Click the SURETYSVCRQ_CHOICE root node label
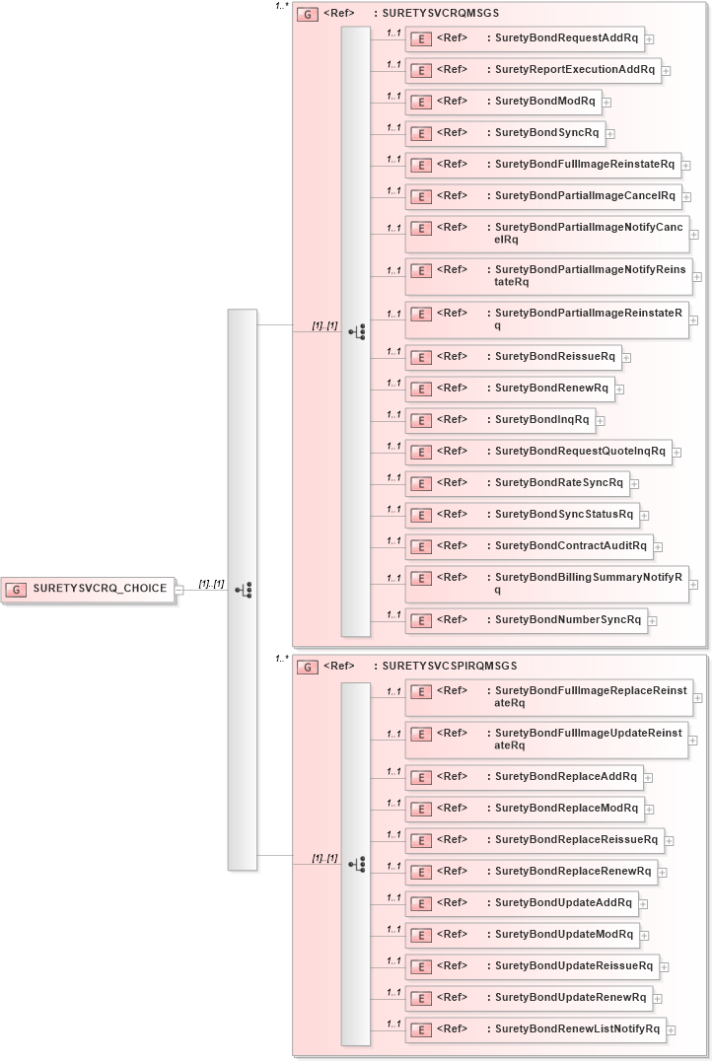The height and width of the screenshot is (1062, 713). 100,589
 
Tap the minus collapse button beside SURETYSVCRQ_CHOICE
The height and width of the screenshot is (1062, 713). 178,590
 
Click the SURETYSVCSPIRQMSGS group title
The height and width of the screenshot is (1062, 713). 449,667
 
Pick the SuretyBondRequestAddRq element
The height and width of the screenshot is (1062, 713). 566,38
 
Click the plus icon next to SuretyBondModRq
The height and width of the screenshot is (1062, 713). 606,103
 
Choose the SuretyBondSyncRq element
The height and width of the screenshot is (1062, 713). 546,133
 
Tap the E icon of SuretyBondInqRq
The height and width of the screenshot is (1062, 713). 421,421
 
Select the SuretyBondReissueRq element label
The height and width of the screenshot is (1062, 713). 554,356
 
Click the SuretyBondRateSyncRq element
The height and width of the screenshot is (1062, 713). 558,482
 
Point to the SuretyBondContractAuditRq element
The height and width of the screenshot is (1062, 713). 570,545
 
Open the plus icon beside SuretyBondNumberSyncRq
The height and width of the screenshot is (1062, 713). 653,621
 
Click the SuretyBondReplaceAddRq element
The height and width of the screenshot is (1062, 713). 566,776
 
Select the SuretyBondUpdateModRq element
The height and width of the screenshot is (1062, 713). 563,934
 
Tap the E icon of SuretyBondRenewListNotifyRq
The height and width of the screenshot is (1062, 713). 421,1030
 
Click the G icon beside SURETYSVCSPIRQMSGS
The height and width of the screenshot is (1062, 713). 308,668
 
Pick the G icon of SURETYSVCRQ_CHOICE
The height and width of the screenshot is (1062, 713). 16,590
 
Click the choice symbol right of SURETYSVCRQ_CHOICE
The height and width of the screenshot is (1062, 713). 243,590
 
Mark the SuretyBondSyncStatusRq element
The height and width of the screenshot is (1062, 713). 564,514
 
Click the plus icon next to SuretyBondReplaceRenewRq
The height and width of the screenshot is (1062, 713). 663,873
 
